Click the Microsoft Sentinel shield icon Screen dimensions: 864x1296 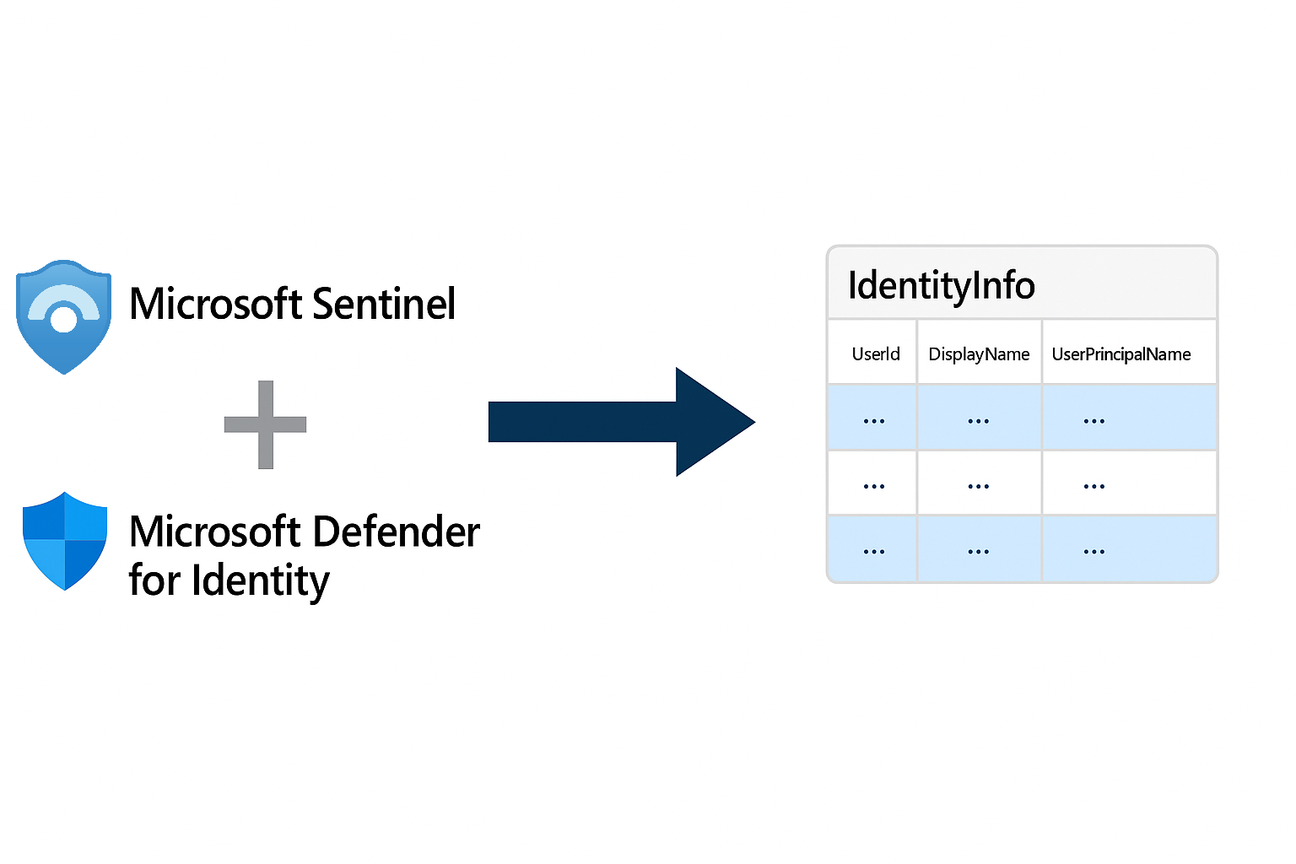tap(64, 316)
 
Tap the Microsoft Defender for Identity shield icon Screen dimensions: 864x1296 tap(65, 540)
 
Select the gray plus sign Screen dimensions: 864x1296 tap(265, 424)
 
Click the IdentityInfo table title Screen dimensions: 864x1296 tap(941, 285)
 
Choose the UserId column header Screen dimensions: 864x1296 tap(875, 354)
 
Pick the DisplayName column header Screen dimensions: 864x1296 tap(979, 354)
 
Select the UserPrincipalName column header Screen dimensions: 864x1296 tap(1120, 354)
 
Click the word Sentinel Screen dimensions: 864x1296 tap(384, 304)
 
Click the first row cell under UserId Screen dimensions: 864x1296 tap(873, 418)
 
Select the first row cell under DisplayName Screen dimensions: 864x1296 tap(979, 418)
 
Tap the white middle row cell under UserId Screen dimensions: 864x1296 tap(873, 483)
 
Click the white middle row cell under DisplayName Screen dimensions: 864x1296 tap(979, 483)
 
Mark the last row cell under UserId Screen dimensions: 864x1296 tap(873, 549)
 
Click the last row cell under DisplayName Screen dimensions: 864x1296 tap(979, 549)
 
